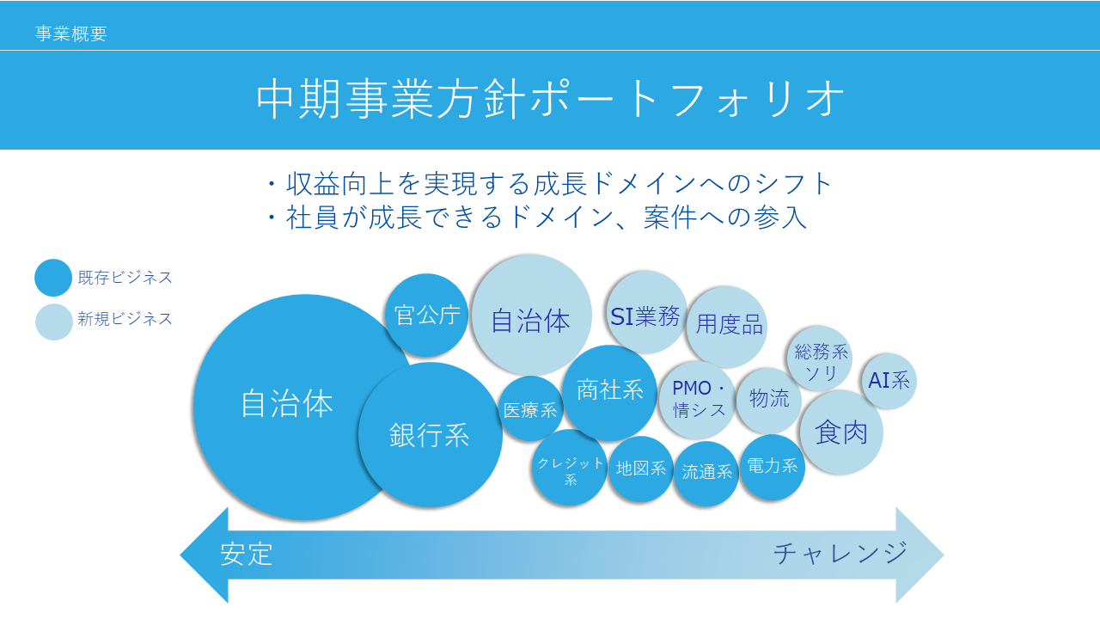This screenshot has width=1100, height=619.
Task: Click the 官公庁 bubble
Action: tap(426, 315)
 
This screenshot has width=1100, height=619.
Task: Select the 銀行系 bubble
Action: tap(431, 435)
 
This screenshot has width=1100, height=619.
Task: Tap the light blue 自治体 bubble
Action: tap(531, 315)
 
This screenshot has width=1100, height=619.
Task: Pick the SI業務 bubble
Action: tap(645, 311)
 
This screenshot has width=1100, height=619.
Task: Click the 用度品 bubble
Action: tap(726, 327)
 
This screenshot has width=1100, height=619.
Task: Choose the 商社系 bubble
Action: tap(609, 392)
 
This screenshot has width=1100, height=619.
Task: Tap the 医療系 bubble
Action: tap(530, 408)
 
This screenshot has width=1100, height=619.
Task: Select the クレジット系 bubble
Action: tap(570, 467)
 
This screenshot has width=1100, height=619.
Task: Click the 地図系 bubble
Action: tap(640, 469)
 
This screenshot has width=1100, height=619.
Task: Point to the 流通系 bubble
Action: tap(706, 474)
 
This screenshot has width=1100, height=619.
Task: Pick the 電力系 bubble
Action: tap(772, 467)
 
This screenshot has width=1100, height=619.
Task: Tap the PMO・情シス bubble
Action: tap(697, 400)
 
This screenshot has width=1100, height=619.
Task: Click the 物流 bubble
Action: tap(769, 401)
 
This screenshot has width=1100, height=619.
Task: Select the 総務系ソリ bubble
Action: tap(820, 359)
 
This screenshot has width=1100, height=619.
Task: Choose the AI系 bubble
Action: tap(889, 381)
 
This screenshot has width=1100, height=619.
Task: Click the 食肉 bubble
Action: tap(841, 432)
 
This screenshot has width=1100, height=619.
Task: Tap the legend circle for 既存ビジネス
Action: tap(53, 278)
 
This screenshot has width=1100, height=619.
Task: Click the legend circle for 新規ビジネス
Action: tap(54, 322)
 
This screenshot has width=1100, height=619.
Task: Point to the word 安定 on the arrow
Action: tap(246, 555)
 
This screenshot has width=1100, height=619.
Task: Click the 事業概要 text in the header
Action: tap(70, 34)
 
